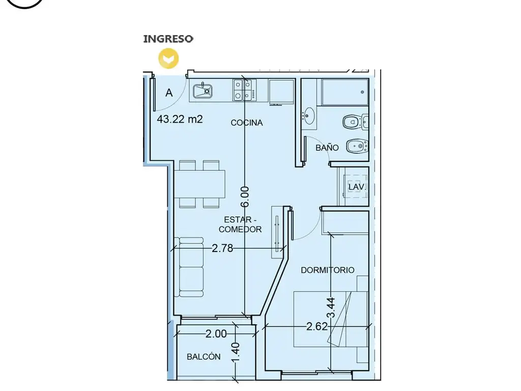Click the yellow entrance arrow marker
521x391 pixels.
(x=168, y=58)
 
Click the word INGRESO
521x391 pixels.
(x=168, y=39)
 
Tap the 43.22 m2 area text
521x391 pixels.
(x=180, y=119)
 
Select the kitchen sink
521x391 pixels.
(x=202, y=91)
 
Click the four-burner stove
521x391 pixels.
(x=245, y=90)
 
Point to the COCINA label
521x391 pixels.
(x=247, y=123)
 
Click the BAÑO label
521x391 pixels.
(x=327, y=148)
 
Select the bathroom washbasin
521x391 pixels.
(x=309, y=116)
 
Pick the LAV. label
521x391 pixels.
(x=357, y=187)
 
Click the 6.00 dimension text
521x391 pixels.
(x=245, y=197)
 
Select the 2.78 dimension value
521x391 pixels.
(x=222, y=248)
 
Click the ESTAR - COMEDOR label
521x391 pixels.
(x=240, y=225)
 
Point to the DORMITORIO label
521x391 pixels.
(x=328, y=270)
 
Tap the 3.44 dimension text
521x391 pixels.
(x=331, y=308)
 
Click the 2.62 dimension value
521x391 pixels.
(x=317, y=326)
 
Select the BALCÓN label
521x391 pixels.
(x=204, y=356)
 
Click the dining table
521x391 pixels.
(x=199, y=184)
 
